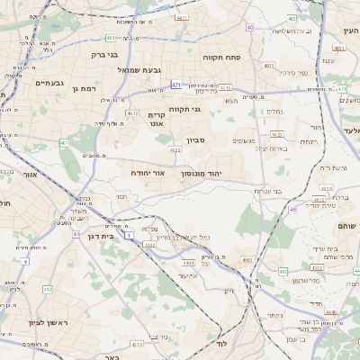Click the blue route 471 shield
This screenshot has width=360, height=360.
pyautogui.click(x=176, y=85)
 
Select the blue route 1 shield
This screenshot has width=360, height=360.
pyautogui.click(x=130, y=234)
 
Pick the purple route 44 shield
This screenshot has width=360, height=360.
pyautogui.click(x=76, y=234)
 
